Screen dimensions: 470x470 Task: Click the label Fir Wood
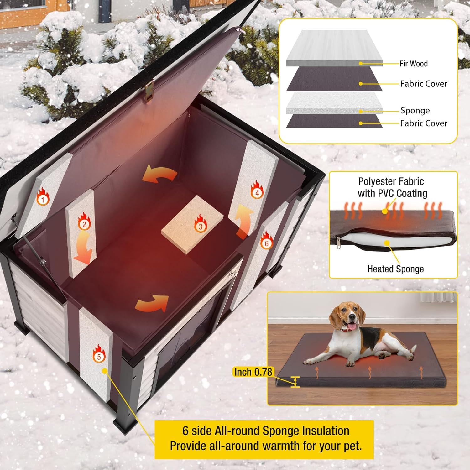coord(413,64)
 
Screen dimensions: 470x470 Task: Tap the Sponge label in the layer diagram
coord(415,111)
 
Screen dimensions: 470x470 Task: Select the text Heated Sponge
coord(395,269)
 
